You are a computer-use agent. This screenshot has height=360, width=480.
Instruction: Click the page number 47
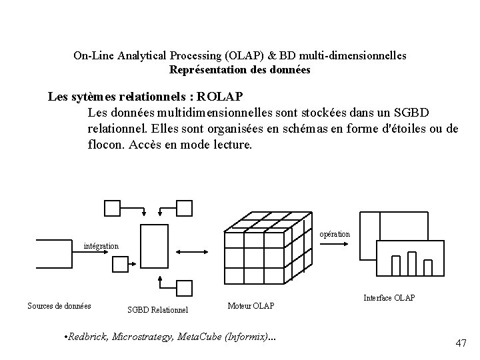461,343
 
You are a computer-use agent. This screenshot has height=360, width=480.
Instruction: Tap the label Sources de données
59,306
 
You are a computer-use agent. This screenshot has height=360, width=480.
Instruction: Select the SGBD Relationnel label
157,309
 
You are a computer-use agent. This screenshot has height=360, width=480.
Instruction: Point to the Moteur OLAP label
251,306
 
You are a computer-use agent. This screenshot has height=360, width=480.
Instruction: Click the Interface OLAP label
389,297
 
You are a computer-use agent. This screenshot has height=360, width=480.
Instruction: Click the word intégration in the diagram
101,246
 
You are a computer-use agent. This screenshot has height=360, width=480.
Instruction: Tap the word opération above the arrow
335,234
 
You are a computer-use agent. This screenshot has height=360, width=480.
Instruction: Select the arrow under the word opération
334,244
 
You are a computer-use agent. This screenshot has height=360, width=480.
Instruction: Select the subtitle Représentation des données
239,69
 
